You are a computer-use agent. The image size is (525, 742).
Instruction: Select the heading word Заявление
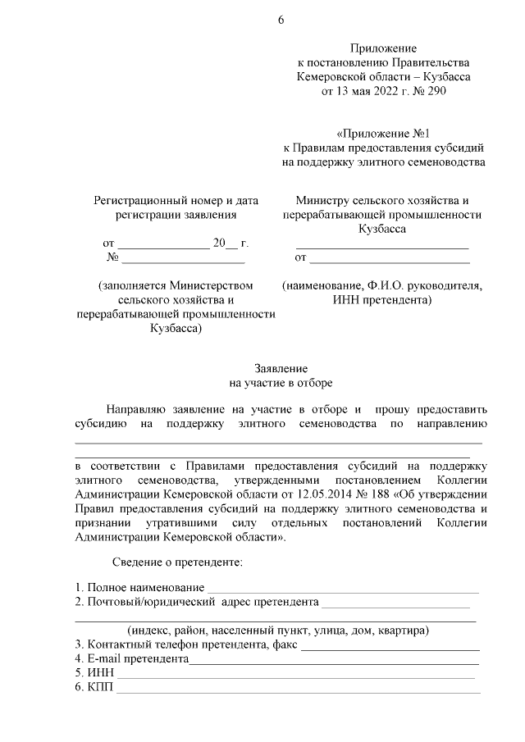(x=281, y=369)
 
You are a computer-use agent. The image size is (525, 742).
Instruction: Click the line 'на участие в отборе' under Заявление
(x=281, y=383)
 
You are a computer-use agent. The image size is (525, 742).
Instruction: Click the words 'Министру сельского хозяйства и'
(x=382, y=199)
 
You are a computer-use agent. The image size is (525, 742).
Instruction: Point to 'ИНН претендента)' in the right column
(x=382, y=301)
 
